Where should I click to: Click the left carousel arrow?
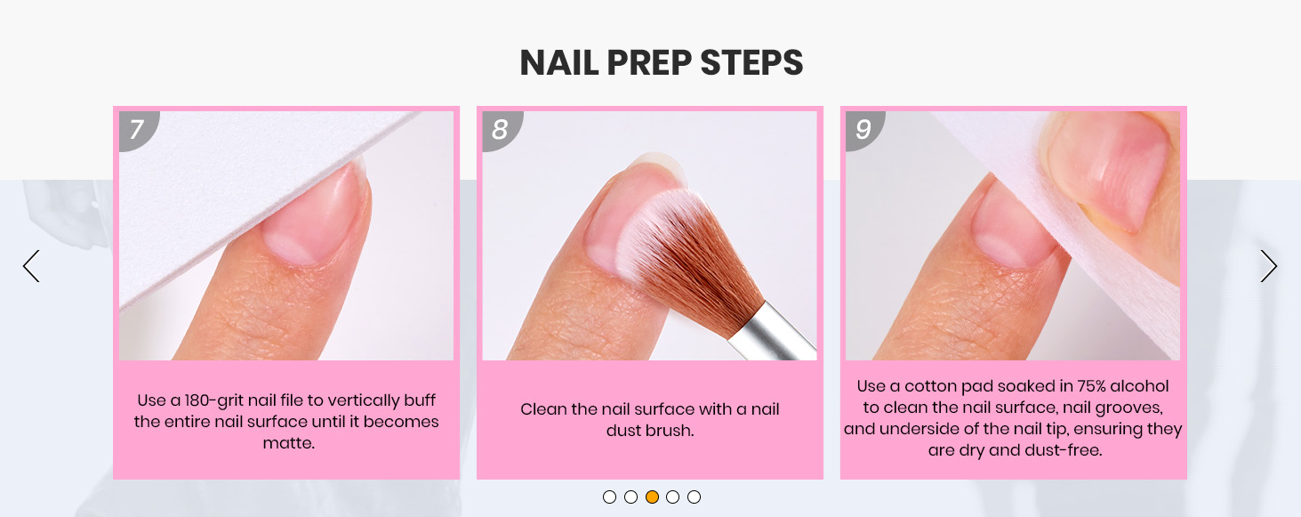click(31, 266)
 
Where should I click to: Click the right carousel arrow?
click(1268, 266)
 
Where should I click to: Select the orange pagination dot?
click(652, 497)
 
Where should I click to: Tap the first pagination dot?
click(609, 497)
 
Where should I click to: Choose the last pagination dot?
click(694, 497)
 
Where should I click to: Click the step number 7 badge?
click(137, 130)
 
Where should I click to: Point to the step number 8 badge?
click(500, 130)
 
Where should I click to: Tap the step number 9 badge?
click(863, 130)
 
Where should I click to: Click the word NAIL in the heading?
click(558, 63)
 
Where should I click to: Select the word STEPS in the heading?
click(751, 63)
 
